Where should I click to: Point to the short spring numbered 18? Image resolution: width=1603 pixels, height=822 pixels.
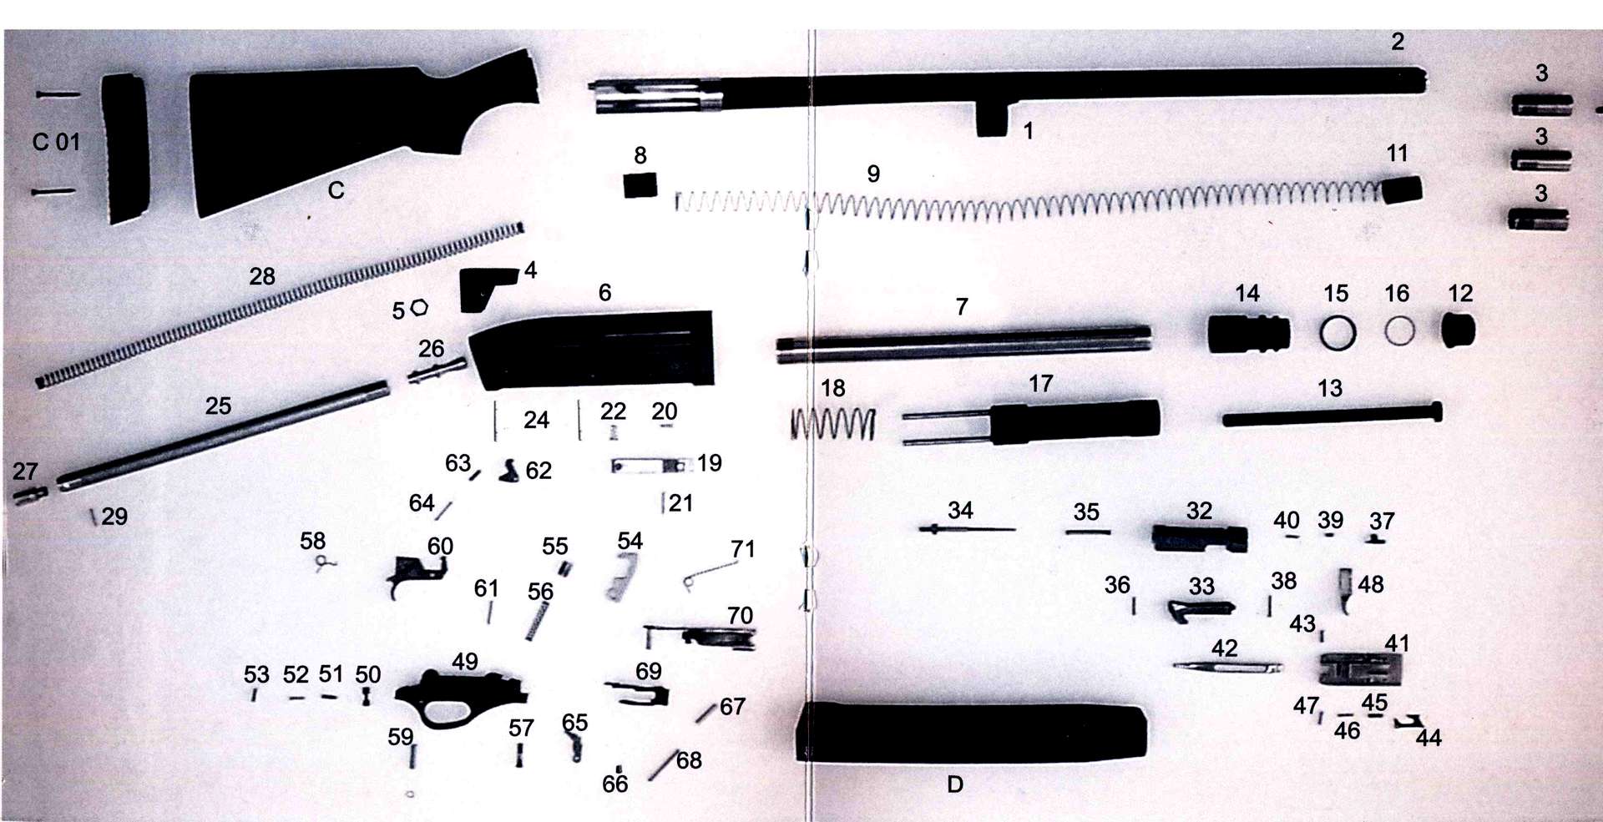point(833,424)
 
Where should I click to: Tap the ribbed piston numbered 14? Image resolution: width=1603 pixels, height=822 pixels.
point(1248,333)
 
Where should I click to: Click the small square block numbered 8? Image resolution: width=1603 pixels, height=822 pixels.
point(640,184)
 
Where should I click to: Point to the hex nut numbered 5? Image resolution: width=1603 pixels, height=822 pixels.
point(419,308)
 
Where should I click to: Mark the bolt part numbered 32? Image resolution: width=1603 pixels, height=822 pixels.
point(1200,538)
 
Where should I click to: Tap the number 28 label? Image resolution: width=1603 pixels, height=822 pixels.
point(262,276)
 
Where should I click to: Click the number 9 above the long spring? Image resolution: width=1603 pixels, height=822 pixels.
point(873,174)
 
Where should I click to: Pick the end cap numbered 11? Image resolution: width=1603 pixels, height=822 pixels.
point(1403,190)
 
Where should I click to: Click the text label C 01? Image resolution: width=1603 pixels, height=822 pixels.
point(57,142)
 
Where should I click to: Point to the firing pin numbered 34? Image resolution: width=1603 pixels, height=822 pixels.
point(967,529)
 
